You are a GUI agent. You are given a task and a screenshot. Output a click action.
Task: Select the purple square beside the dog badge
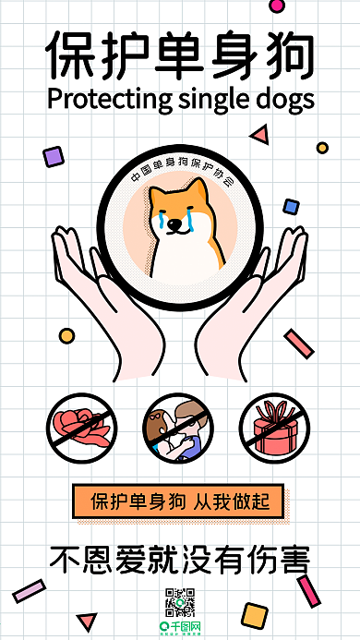tap(54, 157)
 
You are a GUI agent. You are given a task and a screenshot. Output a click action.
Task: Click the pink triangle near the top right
tap(260, 136)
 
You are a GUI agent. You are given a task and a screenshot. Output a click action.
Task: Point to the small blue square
tap(292, 206)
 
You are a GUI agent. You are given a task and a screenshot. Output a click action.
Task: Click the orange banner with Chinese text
tap(180, 502)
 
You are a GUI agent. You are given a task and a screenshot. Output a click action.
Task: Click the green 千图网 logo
tap(179, 629)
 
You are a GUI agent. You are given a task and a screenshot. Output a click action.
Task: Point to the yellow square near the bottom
tap(252, 614)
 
